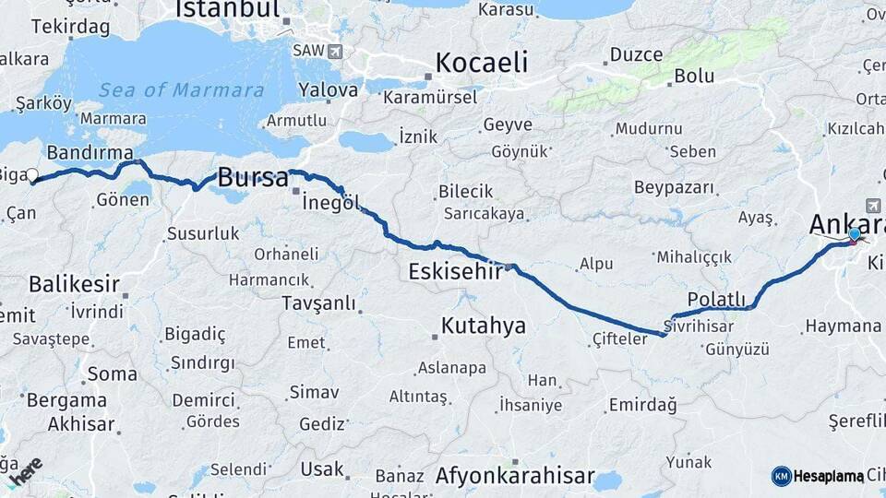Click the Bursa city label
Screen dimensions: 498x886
[252, 178]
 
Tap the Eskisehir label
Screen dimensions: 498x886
[456, 272]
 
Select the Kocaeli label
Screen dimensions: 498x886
[481, 63]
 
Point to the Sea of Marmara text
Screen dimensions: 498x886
[169, 89]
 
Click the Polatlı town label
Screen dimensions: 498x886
[716, 299]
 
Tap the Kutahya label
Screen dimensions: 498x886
[483, 325]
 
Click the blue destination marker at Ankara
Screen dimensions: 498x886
[855, 234]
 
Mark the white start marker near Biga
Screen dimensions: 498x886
[32, 174]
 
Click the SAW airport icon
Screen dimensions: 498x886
[333, 51]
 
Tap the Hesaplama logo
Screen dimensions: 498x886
[818, 476]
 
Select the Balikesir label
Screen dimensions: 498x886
[74, 282]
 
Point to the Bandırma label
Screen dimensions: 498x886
[89, 151]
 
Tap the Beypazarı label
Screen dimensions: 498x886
[675, 187]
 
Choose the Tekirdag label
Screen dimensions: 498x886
[70, 26]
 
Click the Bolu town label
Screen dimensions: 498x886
[694, 77]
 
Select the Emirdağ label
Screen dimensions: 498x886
[642, 405]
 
